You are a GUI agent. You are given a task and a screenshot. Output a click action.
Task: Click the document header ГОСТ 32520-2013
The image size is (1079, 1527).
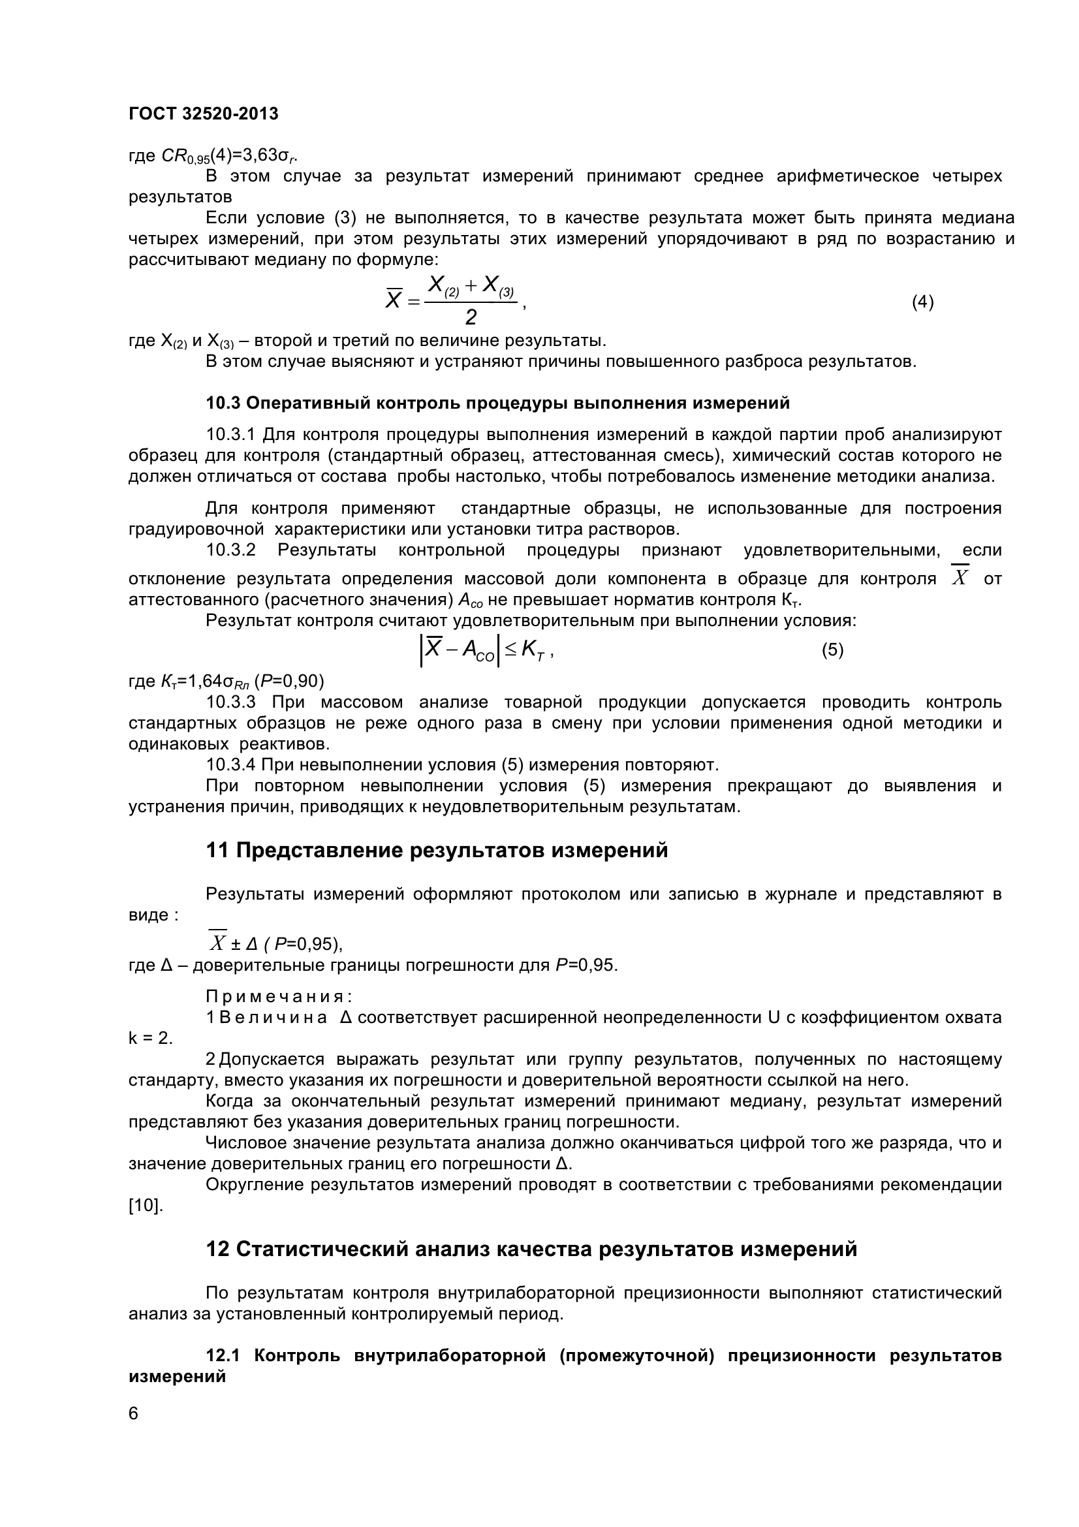(x=204, y=114)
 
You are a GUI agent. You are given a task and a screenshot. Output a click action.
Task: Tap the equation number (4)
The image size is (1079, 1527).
(x=922, y=302)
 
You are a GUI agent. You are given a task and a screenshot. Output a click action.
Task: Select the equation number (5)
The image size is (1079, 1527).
(x=832, y=650)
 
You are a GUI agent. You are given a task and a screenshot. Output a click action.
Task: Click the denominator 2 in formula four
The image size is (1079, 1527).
(x=471, y=318)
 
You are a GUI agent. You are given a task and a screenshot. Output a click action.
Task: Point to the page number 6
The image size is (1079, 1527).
(x=134, y=1413)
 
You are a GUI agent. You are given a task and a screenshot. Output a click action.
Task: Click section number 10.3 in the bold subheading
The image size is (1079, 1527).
(x=223, y=403)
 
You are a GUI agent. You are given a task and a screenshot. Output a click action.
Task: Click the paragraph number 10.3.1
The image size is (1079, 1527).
(x=230, y=435)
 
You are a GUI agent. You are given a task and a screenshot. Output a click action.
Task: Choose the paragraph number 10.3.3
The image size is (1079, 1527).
(x=230, y=702)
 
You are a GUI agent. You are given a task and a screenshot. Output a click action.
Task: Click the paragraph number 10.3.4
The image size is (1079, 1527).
(x=230, y=764)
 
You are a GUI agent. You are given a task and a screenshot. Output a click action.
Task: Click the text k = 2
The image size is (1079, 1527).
(x=150, y=1038)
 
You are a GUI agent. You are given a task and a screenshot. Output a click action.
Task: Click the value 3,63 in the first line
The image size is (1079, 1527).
(x=260, y=155)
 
